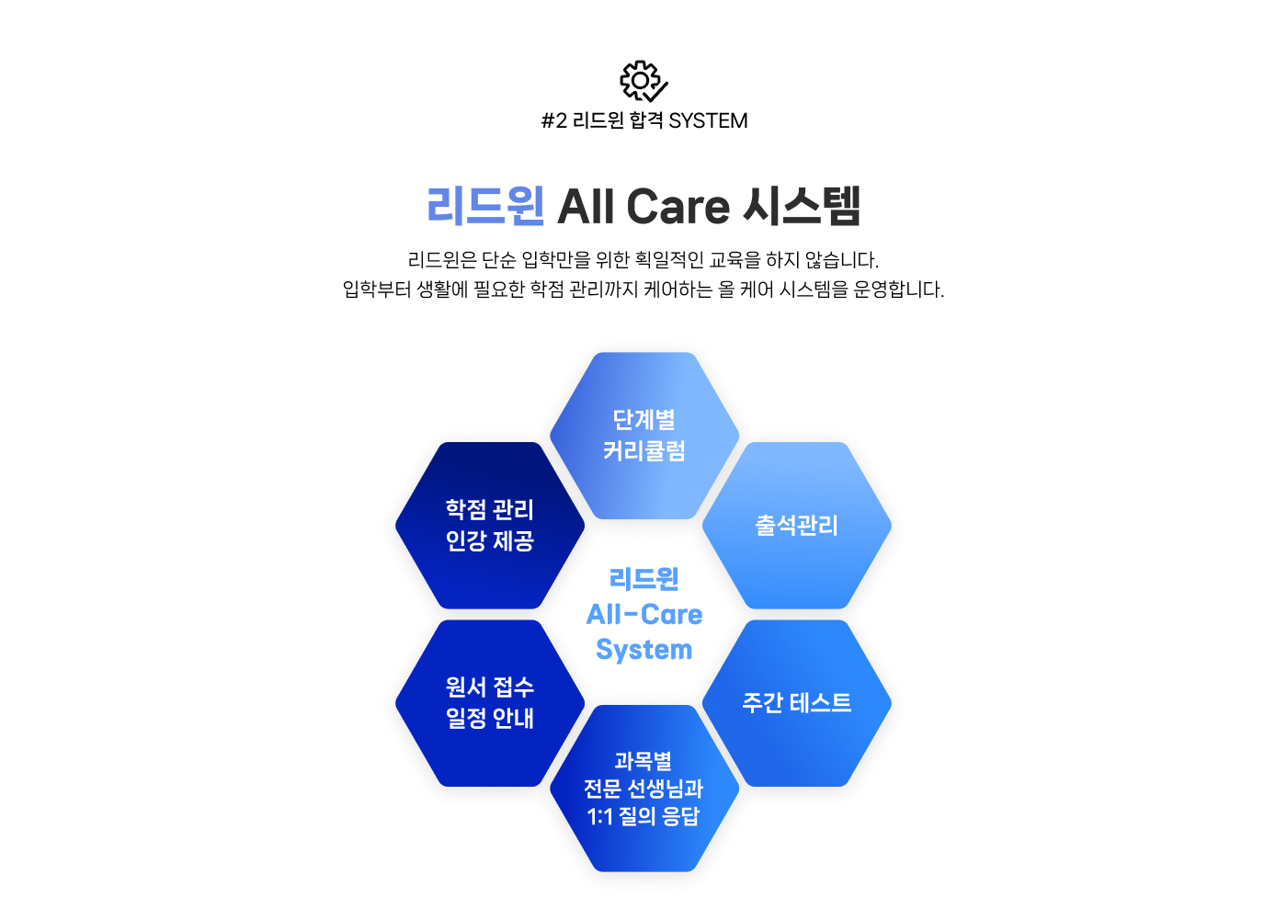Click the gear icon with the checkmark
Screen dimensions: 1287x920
pyautogui.click(x=643, y=81)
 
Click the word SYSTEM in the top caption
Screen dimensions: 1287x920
pyautogui.click(x=708, y=120)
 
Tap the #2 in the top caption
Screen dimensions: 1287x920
pyautogui.click(x=553, y=120)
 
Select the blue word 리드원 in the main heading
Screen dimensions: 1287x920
pyautogui.click(x=485, y=206)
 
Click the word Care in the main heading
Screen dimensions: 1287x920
pyautogui.click(x=678, y=207)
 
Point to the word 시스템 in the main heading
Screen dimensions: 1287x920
pyautogui.click(x=802, y=206)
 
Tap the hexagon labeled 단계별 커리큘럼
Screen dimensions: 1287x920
pyautogui.click(x=644, y=436)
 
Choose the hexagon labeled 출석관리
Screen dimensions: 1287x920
pyautogui.click(x=796, y=525)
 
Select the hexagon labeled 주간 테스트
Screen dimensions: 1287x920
pyautogui.click(x=796, y=703)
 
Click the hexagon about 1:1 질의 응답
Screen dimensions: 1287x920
pyautogui.click(x=644, y=788)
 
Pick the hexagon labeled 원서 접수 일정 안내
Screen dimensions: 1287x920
pyautogui.click(x=490, y=703)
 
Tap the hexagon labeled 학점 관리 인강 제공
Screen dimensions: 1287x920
pyautogui.click(x=490, y=525)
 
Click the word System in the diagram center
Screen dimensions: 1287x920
pyautogui.click(x=644, y=650)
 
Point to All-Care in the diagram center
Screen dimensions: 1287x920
pyautogui.click(x=644, y=615)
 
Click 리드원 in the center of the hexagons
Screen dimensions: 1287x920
pyautogui.click(x=644, y=579)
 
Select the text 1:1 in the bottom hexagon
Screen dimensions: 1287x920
pyautogui.click(x=599, y=816)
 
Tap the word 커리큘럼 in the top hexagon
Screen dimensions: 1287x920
pyautogui.click(x=644, y=451)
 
